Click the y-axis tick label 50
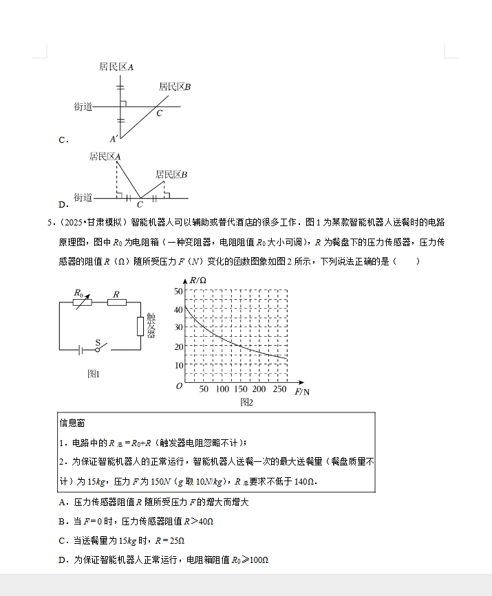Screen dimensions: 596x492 [178, 291]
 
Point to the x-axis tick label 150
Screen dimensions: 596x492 [241, 390]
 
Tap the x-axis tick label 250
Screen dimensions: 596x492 [279, 390]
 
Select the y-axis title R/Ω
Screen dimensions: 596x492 [198, 280]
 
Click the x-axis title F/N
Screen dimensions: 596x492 [301, 392]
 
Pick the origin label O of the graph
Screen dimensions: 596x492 [179, 386]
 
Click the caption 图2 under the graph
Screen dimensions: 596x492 [246, 402]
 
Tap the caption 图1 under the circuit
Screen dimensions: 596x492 [94, 374]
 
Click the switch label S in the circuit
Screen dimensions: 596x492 [98, 342]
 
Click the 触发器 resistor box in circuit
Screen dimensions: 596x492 [140, 325]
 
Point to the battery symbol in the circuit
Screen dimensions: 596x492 [81, 350]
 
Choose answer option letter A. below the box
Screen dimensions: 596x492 [63, 503]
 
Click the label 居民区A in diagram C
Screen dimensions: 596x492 [116, 67]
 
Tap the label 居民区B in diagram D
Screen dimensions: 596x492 [171, 175]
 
